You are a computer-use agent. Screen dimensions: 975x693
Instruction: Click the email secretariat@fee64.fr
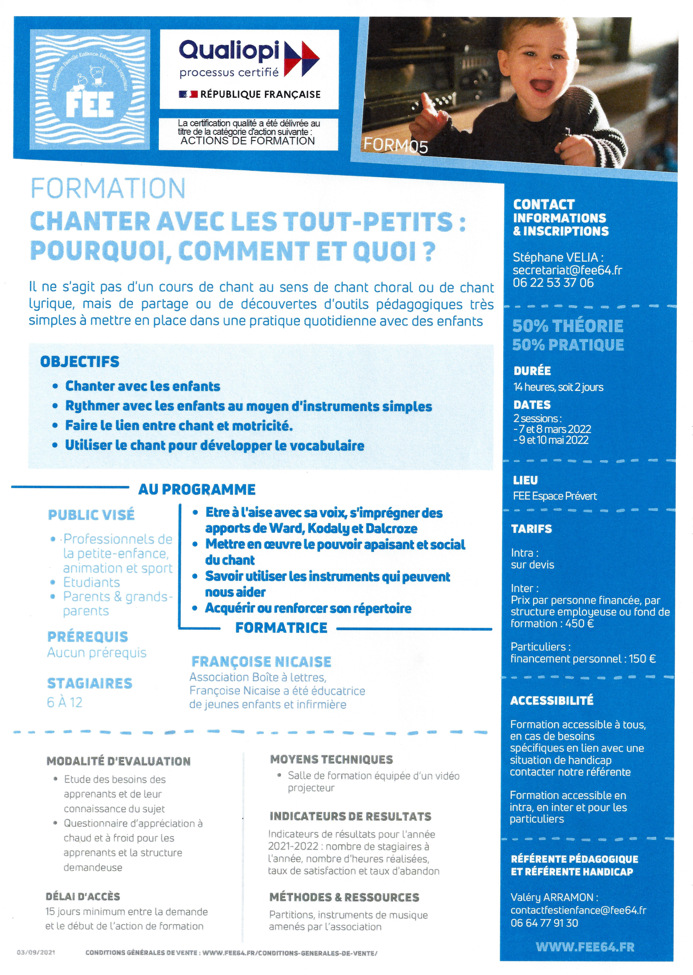click(567, 270)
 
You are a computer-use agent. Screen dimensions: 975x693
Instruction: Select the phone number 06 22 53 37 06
click(553, 283)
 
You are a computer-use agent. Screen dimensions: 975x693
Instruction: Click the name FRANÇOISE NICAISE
click(261, 662)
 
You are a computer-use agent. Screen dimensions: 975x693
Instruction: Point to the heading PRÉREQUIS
click(87, 637)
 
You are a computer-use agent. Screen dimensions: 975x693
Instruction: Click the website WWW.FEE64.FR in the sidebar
click(585, 947)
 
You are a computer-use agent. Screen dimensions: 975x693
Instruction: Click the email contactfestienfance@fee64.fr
click(578, 910)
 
